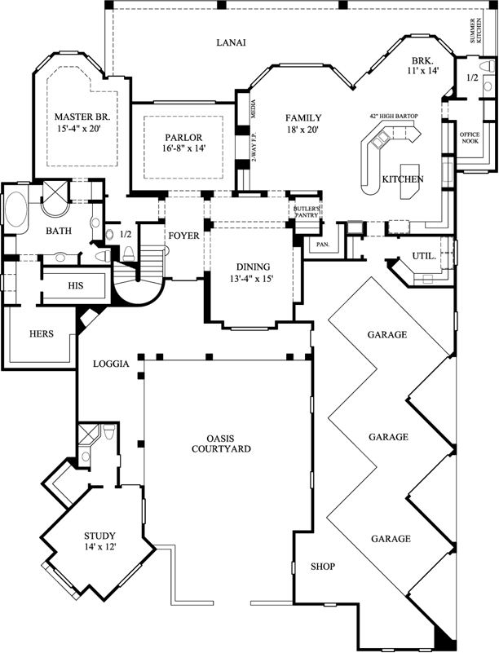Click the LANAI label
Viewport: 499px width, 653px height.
(x=232, y=42)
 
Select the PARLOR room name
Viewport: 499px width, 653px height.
(x=183, y=138)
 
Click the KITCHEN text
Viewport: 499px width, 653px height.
(x=403, y=179)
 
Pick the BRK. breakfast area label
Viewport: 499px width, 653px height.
(x=422, y=61)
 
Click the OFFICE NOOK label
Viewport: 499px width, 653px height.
(x=470, y=138)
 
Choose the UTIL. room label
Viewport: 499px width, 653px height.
(x=424, y=256)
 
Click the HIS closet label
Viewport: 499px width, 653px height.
(x=76, y=286)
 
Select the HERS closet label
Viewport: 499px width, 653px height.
(x=42, y=333)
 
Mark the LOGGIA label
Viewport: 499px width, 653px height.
(x=112, y=364)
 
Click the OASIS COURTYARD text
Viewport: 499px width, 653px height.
(x=221, y=443)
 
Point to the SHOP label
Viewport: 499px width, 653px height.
(x=322, y=567)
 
